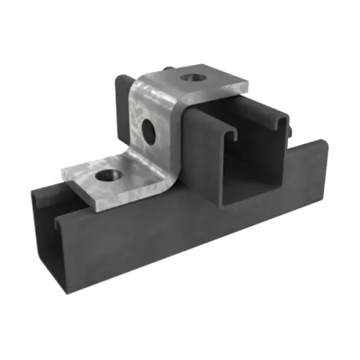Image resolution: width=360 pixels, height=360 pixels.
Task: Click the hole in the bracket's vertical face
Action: click(148, 129)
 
